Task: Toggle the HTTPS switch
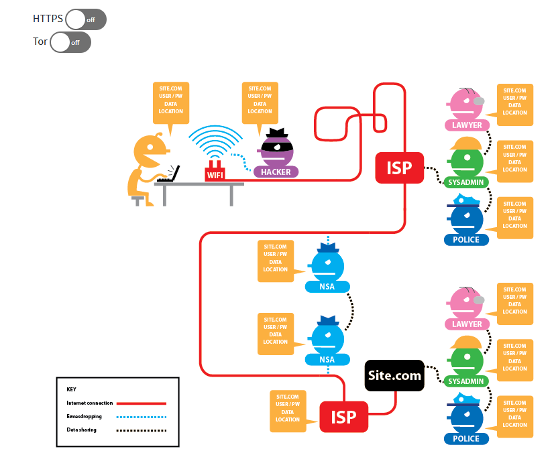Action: point(86,19)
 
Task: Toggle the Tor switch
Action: point(70,42)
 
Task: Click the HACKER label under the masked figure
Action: point(276,172)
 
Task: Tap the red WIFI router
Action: point(215,172)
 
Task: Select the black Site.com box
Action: point(394,375)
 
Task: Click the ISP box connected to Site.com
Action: point(344,417)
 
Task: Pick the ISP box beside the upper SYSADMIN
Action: point(399,168)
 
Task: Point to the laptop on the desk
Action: point(169,174)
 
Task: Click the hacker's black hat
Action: point(277,133)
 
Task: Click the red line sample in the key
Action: point(142,403)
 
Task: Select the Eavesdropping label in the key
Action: point(84,417)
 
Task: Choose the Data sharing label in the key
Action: point(81,430)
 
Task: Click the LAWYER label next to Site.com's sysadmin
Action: point(467,324)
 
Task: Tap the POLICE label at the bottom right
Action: point(466,439)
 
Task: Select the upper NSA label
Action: point(327,287)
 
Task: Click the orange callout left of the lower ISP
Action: point(288,411)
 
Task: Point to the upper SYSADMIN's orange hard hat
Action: point(466,143)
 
